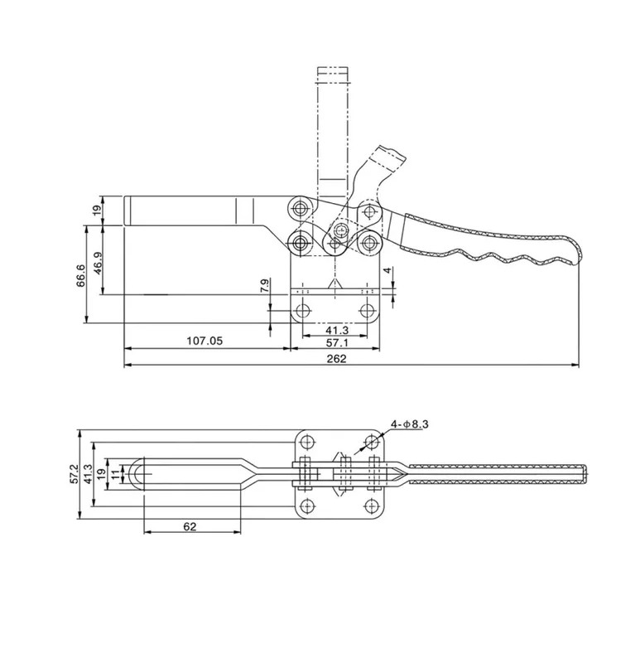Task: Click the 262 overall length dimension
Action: [x=336, y=359]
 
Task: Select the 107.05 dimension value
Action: [x=205, y=341]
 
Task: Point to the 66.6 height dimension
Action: [x=80, y=275]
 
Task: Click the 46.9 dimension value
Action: [x=98, y=263]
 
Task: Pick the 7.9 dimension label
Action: [x=264, y=286]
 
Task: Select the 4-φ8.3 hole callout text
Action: [x=409, y=423]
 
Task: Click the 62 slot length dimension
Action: [x=190, y=526]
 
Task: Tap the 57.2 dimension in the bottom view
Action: [x=74, y=473]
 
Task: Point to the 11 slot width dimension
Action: [x=115, y=474]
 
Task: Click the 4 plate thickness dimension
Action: [x=388, y=270]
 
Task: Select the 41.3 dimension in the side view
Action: [x=337, y=329]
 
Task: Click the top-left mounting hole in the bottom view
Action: [x=307, y=443]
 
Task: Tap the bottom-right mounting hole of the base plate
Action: [x=371, y=506]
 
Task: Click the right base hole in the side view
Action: [x=368, y=311]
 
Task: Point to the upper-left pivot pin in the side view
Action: [x=301, y=208]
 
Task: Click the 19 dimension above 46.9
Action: [x=98, y=211]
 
